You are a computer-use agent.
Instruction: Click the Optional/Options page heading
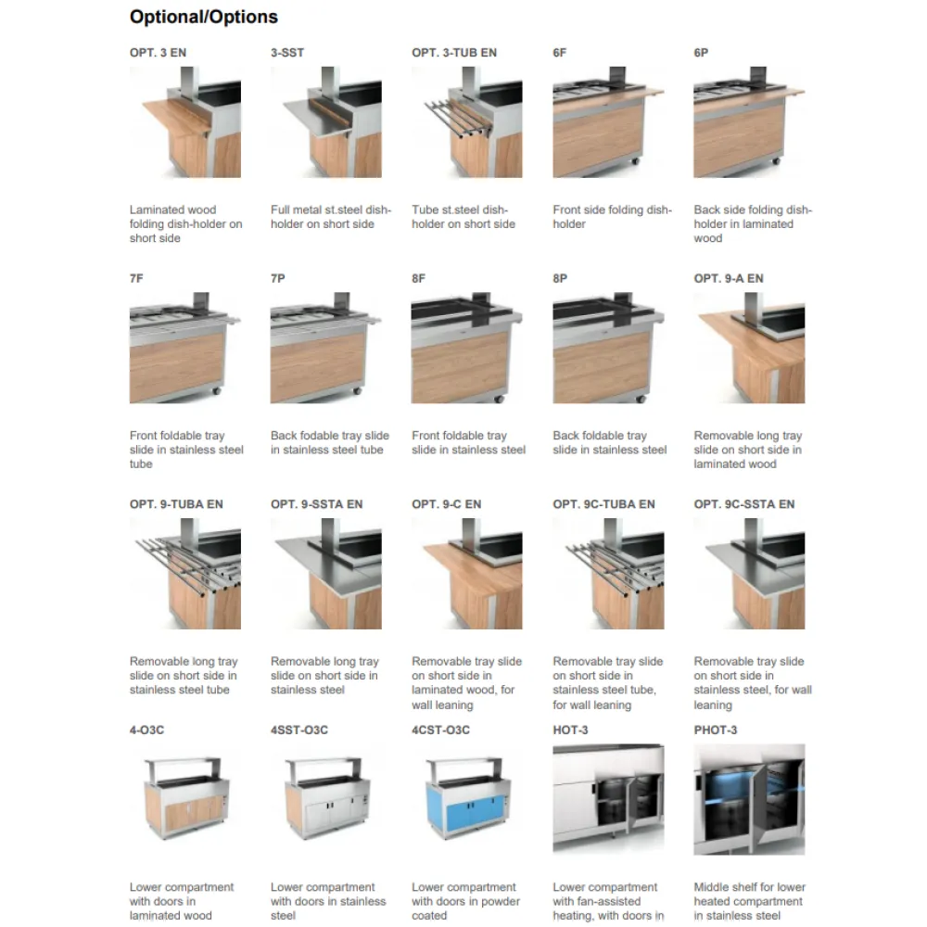(203, 17)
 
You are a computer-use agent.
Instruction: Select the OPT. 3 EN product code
(158, 53)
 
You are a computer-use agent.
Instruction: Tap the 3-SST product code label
(287, 53)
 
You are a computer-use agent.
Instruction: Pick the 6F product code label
(560, 53)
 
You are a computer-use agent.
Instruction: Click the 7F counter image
(185, 348)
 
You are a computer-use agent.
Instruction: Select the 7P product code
(278, 278)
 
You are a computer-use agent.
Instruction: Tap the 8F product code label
(419, 278)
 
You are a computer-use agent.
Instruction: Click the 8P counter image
(608, 348)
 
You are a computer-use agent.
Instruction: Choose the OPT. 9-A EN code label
(729, 278)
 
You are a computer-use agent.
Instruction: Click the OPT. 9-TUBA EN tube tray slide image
(185, 574)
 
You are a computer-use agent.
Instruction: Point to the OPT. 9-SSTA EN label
(316, 504)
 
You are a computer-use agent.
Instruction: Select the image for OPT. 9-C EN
(467, 574)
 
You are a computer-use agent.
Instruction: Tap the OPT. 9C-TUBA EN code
(603, 504)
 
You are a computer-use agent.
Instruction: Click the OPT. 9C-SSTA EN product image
(749, 574)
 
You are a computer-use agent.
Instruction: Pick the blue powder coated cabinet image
(467, 799)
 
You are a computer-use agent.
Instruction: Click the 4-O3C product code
(146, 730)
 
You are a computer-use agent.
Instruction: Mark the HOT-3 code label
(570, 730)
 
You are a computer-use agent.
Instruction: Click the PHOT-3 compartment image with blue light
(749, 799)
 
